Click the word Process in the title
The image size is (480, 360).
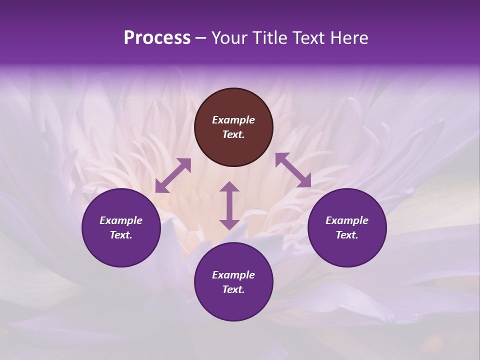tap(157, 38)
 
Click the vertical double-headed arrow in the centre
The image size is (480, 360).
tap(229, 205)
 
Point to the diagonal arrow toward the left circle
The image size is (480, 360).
tap(173, 175)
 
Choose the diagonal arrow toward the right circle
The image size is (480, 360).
tap(293, 170)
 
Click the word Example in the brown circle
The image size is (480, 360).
tap(233, 120)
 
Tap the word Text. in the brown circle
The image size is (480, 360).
tap(233, 134)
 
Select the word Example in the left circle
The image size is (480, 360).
tap(121, 220)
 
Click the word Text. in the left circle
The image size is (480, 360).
tap(121, 235)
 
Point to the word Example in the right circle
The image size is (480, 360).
tap(347, 220)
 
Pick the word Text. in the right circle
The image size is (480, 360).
tap(347, 235)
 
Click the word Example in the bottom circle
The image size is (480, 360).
tap(233, 275)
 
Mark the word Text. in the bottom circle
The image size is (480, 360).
tap(233, 289)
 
